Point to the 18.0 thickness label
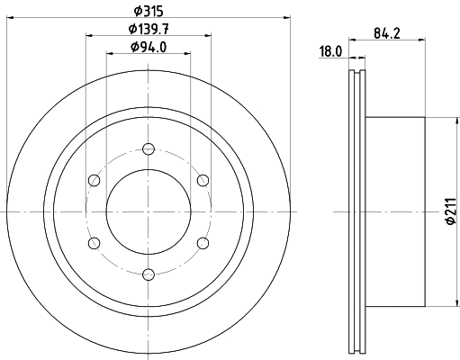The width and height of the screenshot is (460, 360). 331,52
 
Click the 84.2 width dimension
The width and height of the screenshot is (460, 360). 387,35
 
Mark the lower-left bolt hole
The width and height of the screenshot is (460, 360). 93,243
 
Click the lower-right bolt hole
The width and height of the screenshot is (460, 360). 203,243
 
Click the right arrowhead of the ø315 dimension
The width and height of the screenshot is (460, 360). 289,16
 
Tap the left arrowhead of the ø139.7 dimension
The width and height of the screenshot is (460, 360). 89,36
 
